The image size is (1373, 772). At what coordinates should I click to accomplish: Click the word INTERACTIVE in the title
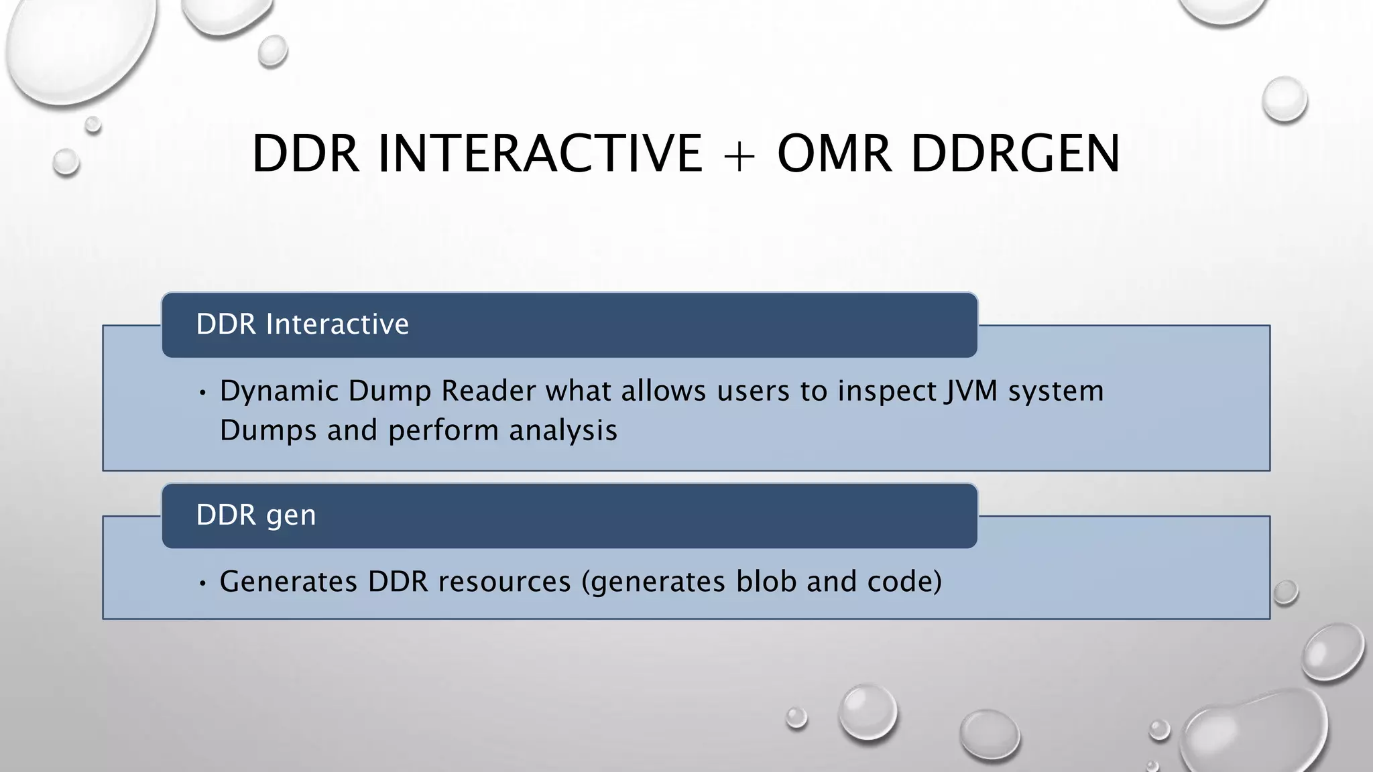pyautogui.click(x=540, y=153)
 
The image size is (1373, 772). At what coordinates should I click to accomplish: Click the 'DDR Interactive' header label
pyautogui.click(x=302, y=324)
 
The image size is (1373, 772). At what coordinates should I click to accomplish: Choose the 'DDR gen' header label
pyautogui.click(x=256, y=515)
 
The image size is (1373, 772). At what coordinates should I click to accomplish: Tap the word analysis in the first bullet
pyautogui.click(x=562, y=430)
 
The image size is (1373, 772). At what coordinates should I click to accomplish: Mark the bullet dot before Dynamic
pyautogui.click(x=202, y=393)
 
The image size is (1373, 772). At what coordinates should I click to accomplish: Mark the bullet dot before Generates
pyautogui.click(x=202, y=583)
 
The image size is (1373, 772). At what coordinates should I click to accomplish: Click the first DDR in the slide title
pyautogui.click(x=306, y=153)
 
